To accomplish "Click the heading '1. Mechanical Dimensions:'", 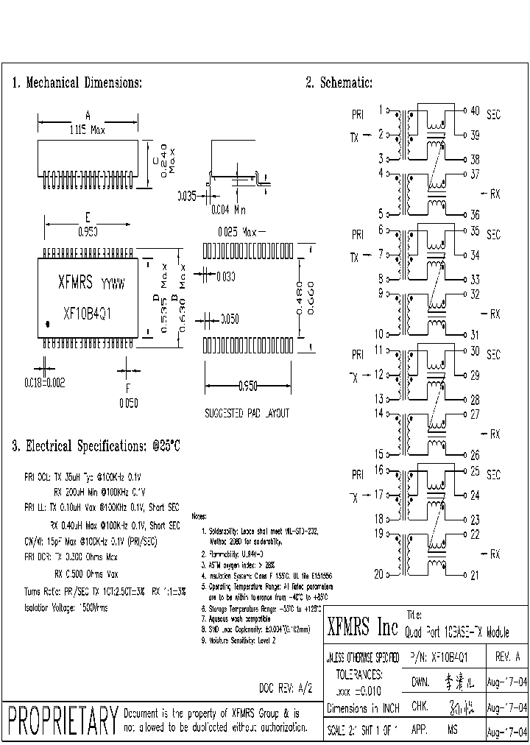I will coord(77,83).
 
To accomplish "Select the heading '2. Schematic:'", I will coord(339,83).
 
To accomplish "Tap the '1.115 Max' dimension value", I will coord(87,130).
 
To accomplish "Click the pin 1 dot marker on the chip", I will coord(48,322).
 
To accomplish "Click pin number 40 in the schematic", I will coord(475,111).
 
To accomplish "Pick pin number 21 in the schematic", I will coord(475,575).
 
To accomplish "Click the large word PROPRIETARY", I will coord(62,721).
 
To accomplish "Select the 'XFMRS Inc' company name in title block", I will coord(361,627).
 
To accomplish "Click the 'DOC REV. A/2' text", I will coord(286,688).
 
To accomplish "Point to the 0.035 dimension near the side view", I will coord(187,196).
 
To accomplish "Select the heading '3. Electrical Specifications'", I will coord(96,446).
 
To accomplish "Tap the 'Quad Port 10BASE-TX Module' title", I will coord(456,633).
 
